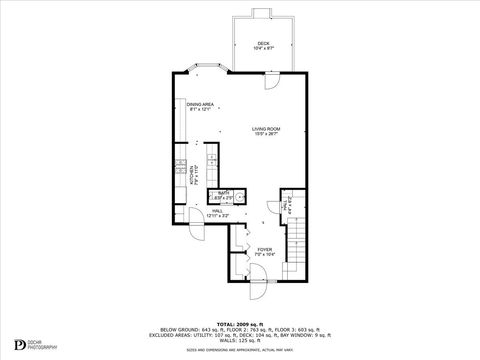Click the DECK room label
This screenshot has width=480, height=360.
pos(263,42)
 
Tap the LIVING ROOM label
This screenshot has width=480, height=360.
pos(265,128)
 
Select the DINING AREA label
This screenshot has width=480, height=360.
pos(200,104)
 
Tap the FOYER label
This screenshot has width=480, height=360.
pos(264,249)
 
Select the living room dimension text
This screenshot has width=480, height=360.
pos(265,134)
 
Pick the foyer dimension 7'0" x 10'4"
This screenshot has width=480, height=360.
pos(264,255)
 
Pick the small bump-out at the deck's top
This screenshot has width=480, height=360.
pos(263,12)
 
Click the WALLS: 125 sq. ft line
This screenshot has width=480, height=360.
pos(239,342)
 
